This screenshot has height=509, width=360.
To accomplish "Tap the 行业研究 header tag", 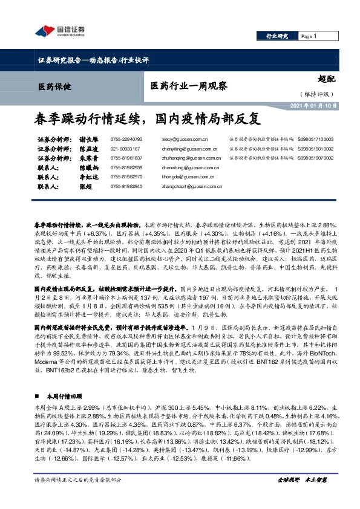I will click(277, 37).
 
